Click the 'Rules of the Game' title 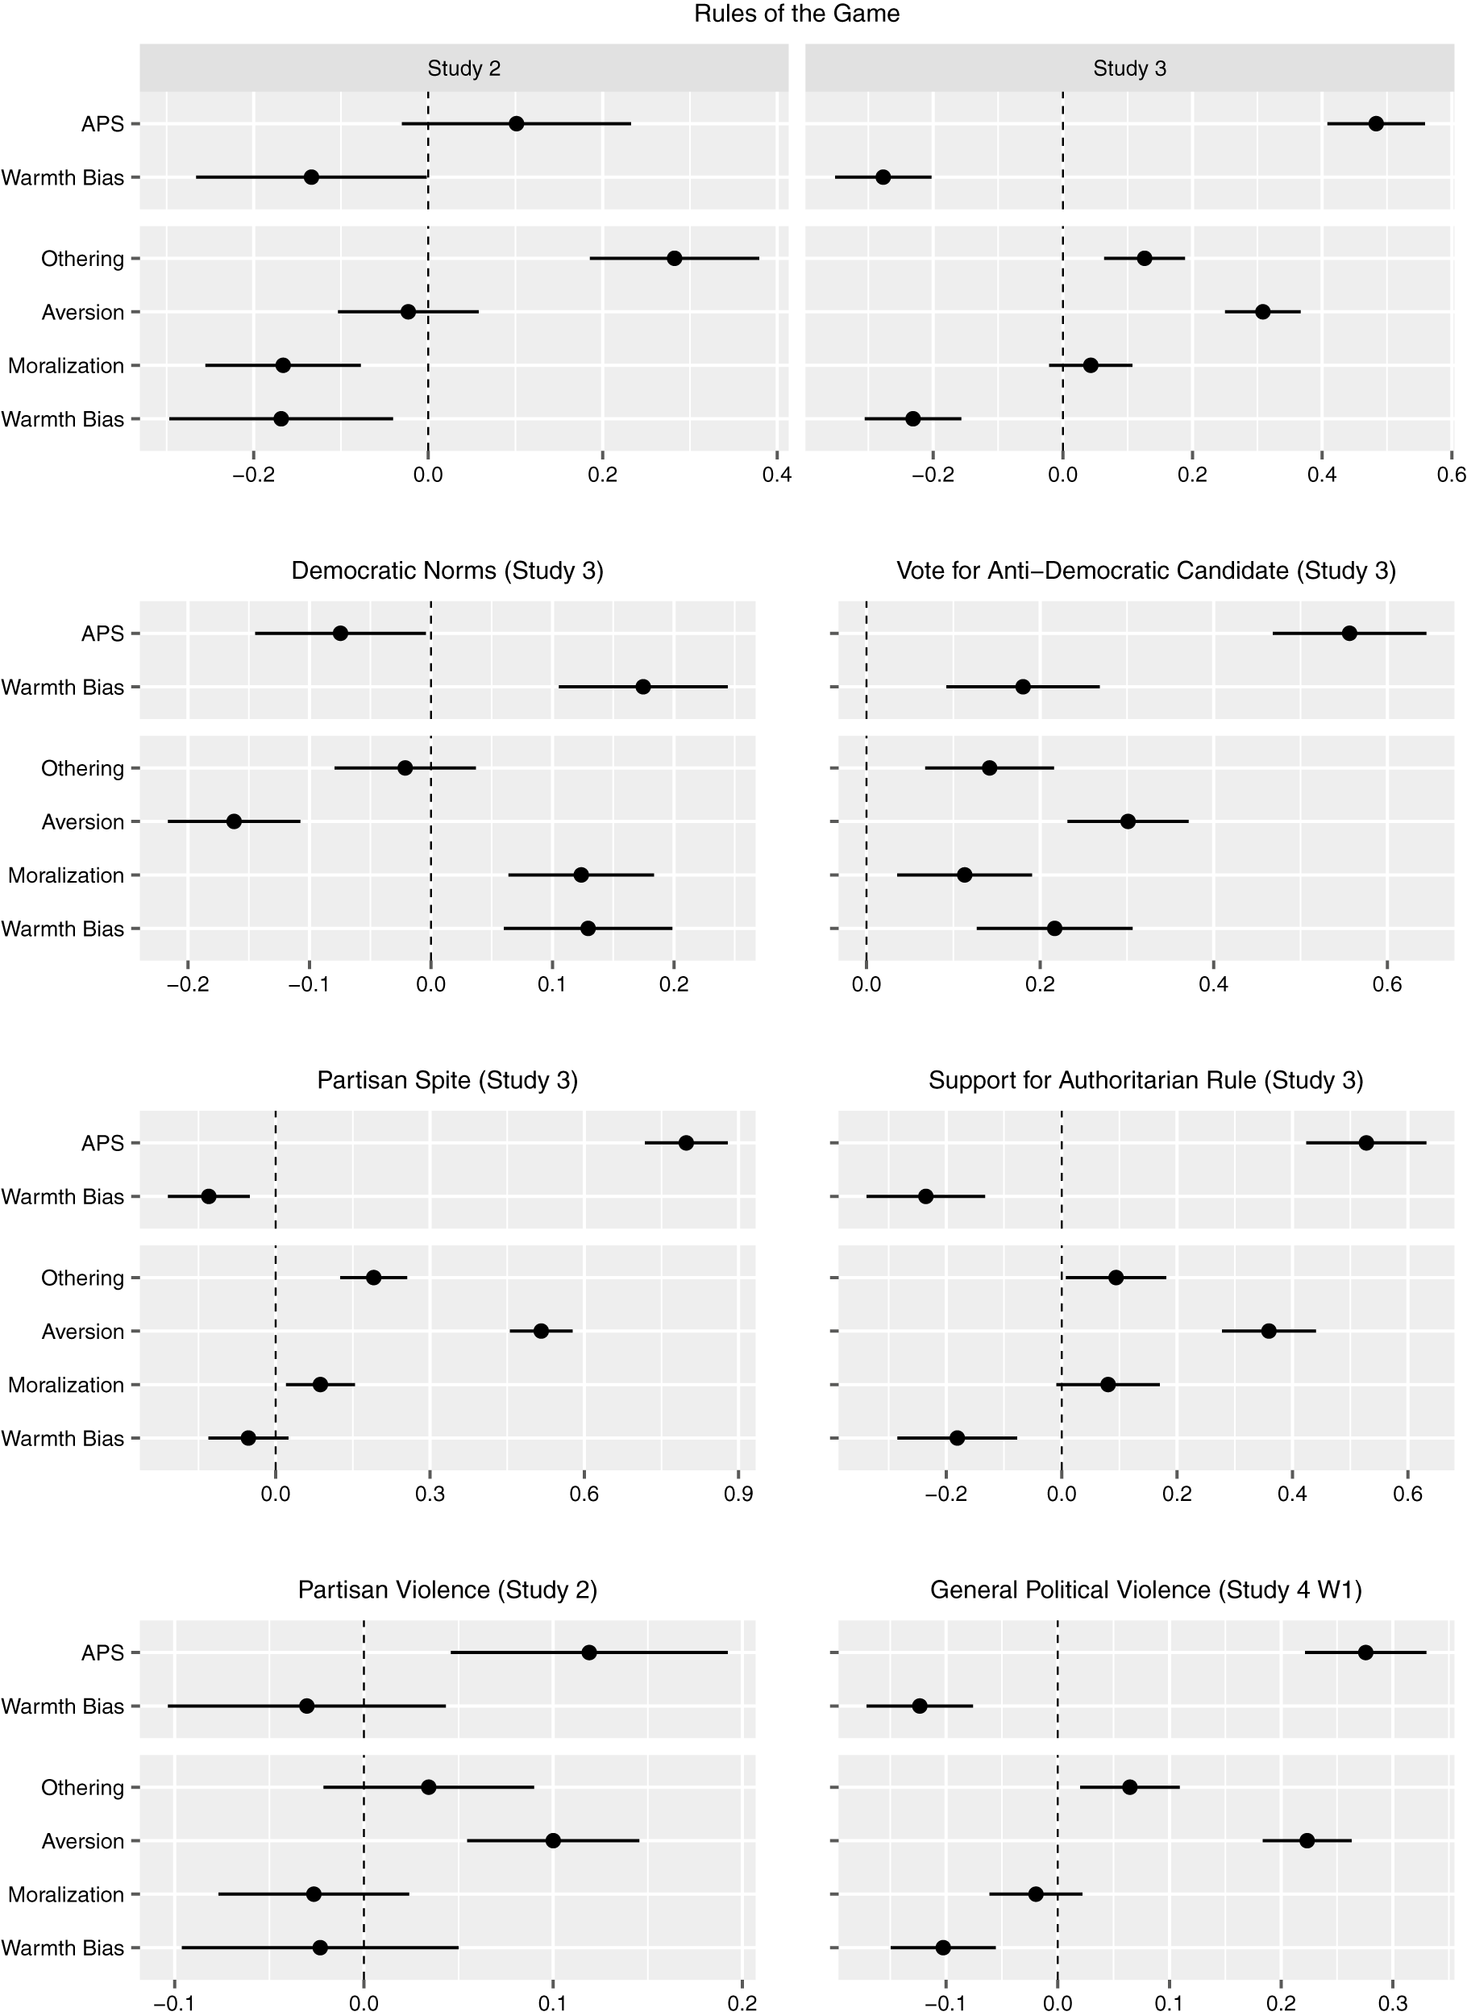pyautogui.click(x=796, y=15)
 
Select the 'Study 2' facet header pyautogui.click(x=463, y=69)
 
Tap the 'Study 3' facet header pyautogui.click(x=1129, y=69)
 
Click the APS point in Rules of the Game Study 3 pyautogui.click(x=1375, y=123)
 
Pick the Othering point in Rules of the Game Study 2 pyautogui.click(x=674, y=259)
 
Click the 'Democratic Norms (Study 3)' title pyautogui.click(x=447, y=571)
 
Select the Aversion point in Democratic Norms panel pyautogui.click(x=234, y=821)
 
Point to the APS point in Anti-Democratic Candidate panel pyautogui.click(x=1349, y=634)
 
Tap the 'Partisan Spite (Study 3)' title pyautogui.click(x=447, y=1080)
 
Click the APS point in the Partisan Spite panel pyautogui.click(x=685, y=1143)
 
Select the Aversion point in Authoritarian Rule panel pyautogui.click(x=1269, y=1331)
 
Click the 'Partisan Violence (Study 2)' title pyautogui.click(x=447, y=1590)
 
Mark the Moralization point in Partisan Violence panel pyautogui.click(x=314, y=1894)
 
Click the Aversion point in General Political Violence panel pyautogui.click(x=1307, y=1840)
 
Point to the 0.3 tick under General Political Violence pyautogui.click(x=1392, y=2004)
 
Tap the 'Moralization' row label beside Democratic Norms pyautogui.click(x=66, y=875)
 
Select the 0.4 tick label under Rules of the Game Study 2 pyautogui.click(x=776, y=476)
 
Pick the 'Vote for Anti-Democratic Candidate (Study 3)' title pyautogui.click(x=1146, y=571)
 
